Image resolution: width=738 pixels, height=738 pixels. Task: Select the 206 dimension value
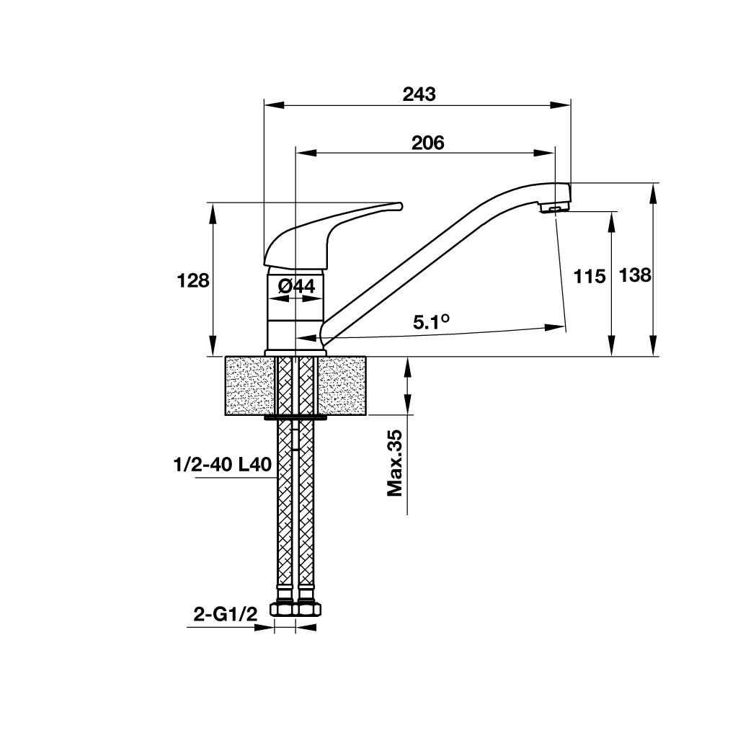click(x=427, y=143)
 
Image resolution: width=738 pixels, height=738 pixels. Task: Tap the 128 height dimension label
click(x=193, y=280)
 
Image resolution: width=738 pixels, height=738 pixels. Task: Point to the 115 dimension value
click(x=589, y=276)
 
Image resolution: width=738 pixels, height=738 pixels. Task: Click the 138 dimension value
click(x=635, y=275)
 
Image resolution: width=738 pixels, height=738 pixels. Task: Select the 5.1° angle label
click(x=431, y=323)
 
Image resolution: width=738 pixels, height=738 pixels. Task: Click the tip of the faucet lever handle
click(x=398, y=207)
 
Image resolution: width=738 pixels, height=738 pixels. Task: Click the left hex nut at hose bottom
click(x=285, y=610)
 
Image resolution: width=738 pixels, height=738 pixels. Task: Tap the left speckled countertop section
click(x=249, y=386)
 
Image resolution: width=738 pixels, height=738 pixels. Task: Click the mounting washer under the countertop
click(x=296, y=416)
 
